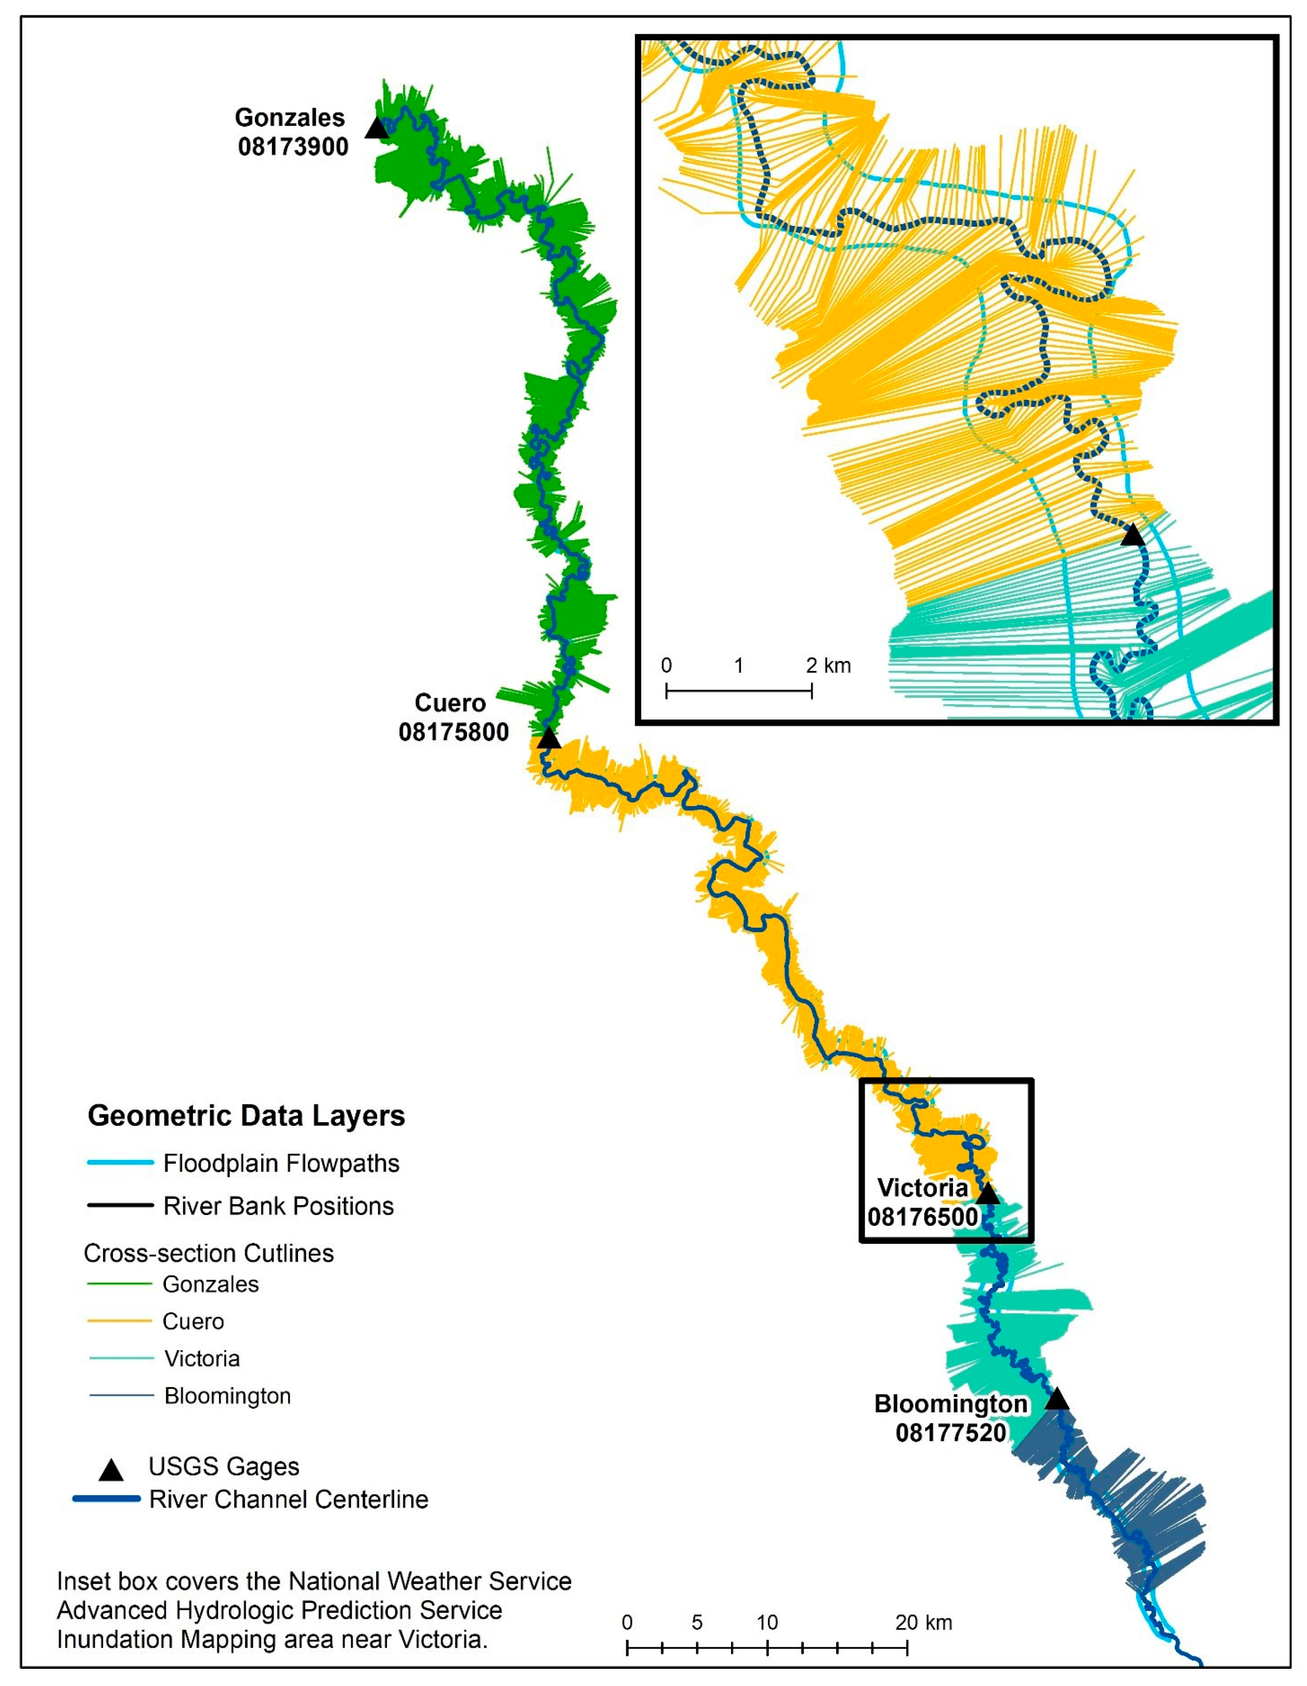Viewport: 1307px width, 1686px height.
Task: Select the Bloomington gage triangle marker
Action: tap(1057, 1399)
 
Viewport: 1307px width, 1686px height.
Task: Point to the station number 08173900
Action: tap(293, 147)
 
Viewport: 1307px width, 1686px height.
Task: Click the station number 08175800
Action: tap(454, 732)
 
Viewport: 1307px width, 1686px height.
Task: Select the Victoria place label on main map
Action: tap(923, 1188)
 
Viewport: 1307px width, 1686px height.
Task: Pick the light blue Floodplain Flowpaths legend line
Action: tap(120, 1162)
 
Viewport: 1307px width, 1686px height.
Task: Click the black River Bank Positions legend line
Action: tap(120, 1205)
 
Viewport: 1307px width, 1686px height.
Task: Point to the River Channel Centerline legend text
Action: tap(289, 1499)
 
